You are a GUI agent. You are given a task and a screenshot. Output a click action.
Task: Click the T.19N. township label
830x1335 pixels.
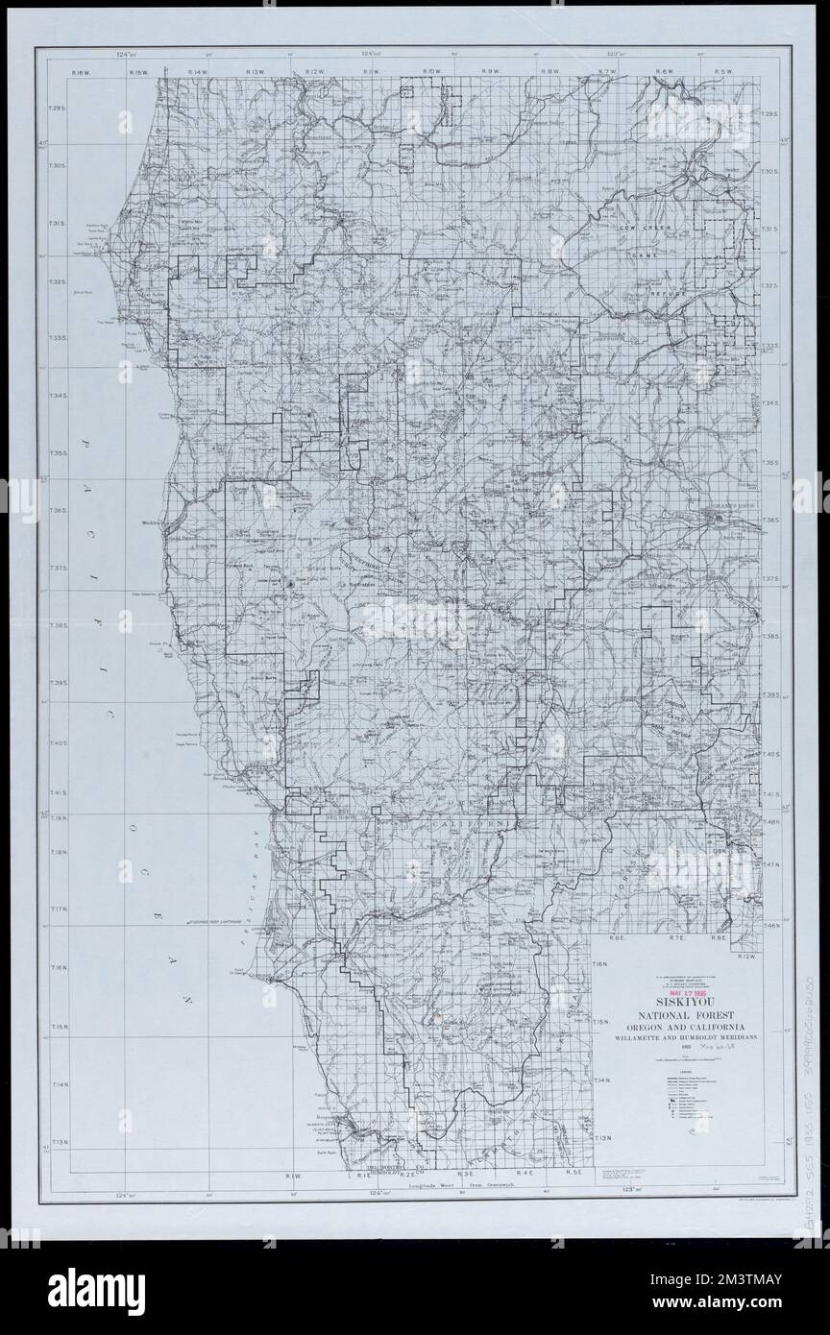(x=57, y=818)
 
